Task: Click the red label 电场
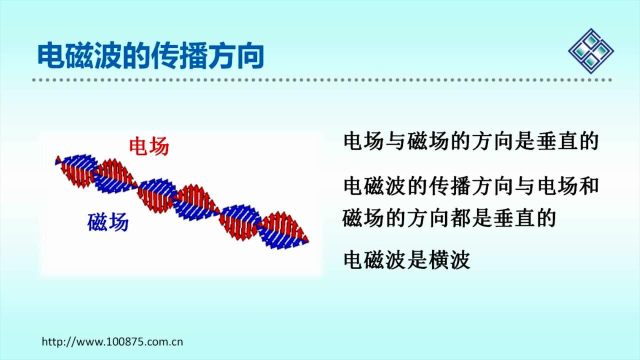(x=149, y=146)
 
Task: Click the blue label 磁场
(x=108, y=222)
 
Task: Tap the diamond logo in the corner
(x=591, y=51)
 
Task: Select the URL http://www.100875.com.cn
(x=112, y=341)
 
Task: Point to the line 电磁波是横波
(x=407, y=260)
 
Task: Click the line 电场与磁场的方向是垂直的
(x=471, y=141)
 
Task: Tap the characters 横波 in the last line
(x=449, y=260)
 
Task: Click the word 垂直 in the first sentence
(x=556, y=141)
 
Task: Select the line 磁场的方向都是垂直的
(x=449, y=218)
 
